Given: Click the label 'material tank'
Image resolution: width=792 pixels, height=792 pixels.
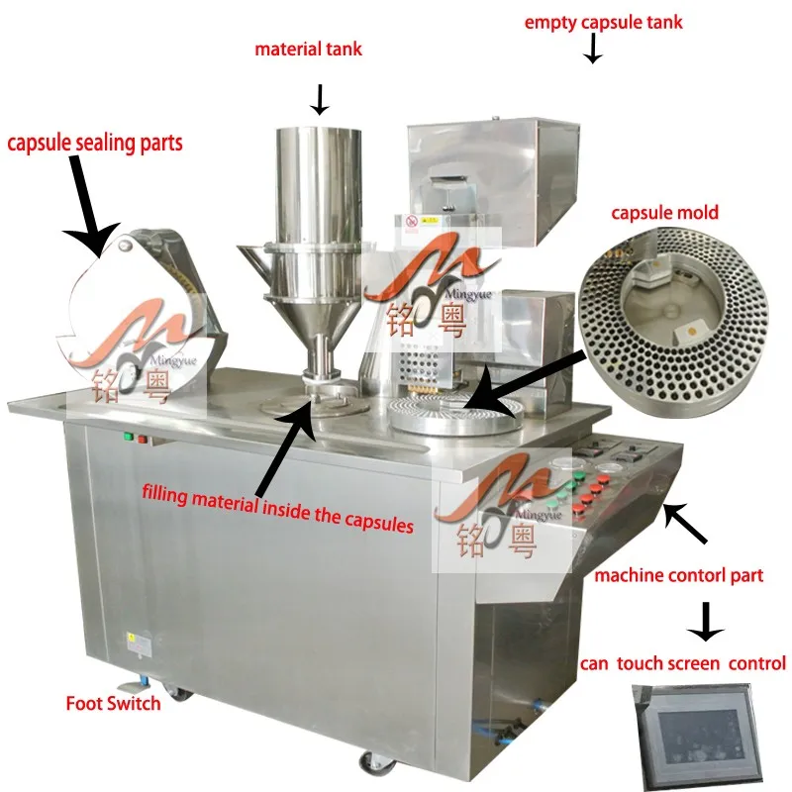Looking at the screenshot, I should tap(308, 49).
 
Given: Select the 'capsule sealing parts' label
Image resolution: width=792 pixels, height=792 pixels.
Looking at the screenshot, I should tap(95, 144).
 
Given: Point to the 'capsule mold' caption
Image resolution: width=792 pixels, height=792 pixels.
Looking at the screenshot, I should tap(664, 213).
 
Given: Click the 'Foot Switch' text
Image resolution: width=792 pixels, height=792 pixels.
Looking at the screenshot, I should tap(113, 704).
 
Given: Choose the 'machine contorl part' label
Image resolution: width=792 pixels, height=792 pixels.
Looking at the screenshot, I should tap(677, 575).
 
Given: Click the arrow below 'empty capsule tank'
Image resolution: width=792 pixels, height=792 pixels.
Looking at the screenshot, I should tap(592, 49).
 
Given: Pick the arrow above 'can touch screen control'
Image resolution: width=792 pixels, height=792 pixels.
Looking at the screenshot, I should tap(706, 621).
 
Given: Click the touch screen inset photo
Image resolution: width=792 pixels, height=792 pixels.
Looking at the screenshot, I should tap(692, 732).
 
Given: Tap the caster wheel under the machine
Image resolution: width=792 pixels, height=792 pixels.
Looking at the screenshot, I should tap(375, 762).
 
